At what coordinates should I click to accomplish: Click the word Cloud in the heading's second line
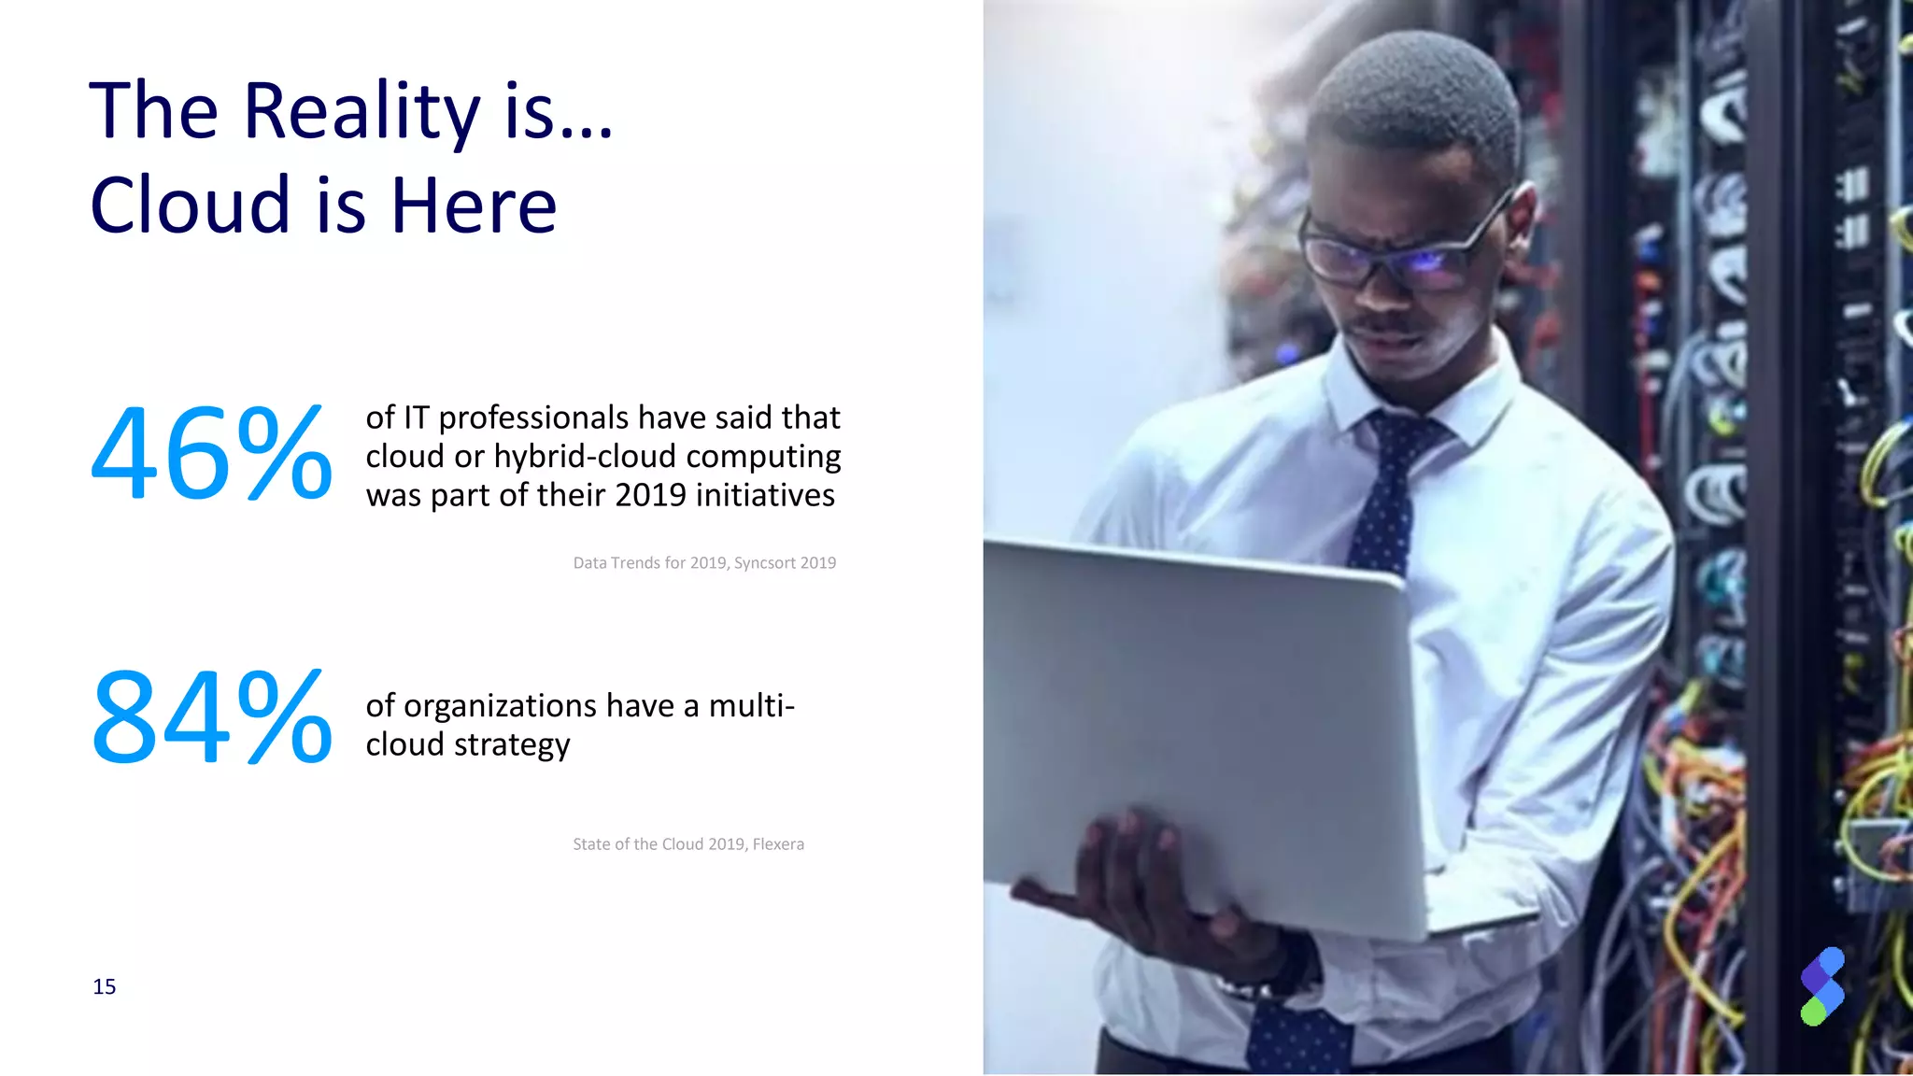pos(191,205)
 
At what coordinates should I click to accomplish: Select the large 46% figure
pos(211,455)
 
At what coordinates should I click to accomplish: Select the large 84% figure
pos(211,717)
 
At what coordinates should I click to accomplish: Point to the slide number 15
pos(105,987)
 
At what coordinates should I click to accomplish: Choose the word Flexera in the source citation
pos(778,844)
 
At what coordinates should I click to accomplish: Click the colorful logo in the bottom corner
pos(1821,986)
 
